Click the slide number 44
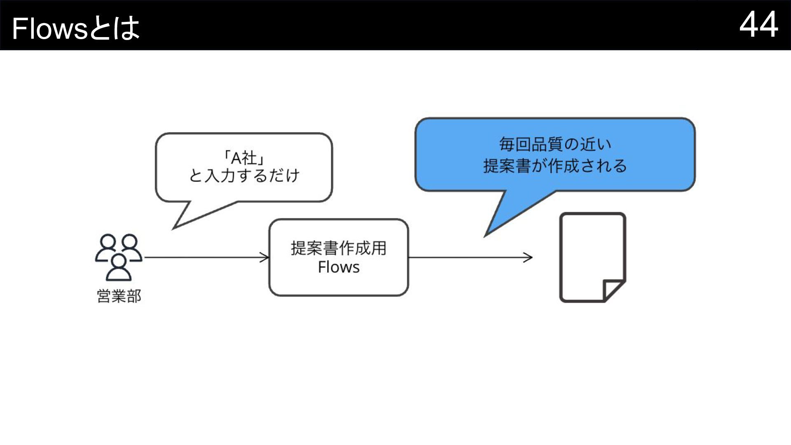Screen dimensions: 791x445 pos(758,25)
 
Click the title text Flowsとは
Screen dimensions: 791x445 pos(76,28)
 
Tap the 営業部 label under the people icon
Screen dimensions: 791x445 pos(119,296)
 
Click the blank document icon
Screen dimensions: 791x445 pos(592,258)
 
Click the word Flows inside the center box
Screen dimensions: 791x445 pos(339,267)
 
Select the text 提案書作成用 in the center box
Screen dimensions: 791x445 pos(339,248)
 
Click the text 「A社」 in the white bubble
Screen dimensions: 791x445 pos(244,158)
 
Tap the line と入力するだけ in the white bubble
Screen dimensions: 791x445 pos(244,176)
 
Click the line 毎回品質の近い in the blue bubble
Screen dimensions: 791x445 pos(555,144)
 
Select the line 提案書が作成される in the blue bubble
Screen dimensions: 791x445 pos(555,166)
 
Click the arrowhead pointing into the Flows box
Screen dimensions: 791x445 pos(264,258)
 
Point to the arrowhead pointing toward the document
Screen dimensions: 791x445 pos(528,258)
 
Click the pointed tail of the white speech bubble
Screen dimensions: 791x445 pos(173,228)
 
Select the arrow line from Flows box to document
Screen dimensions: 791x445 pos(470,258)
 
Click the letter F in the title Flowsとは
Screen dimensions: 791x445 pos(19,29)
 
